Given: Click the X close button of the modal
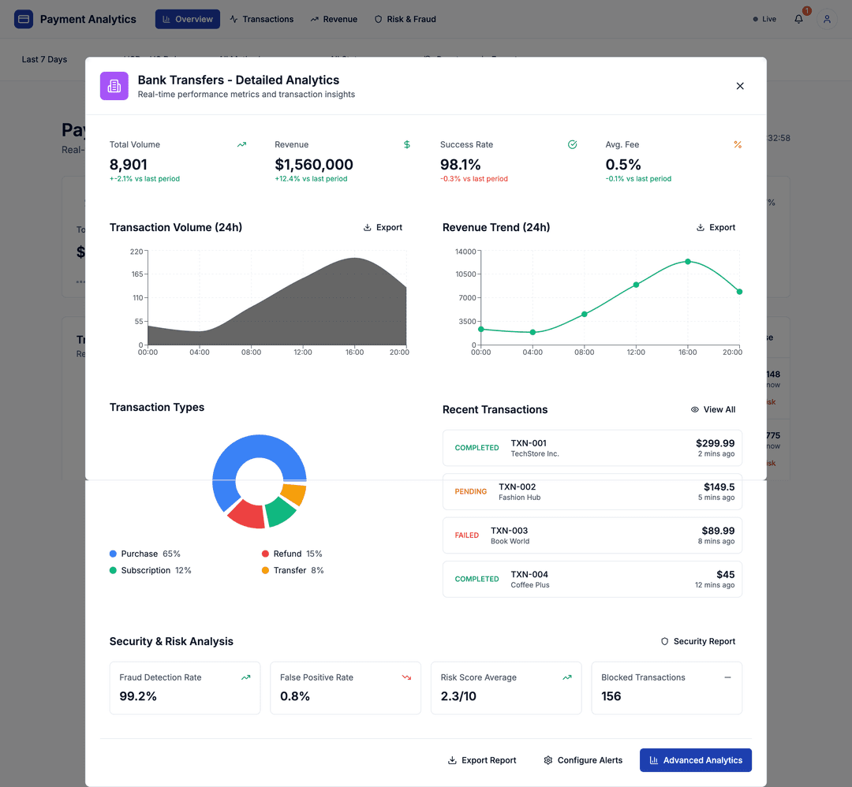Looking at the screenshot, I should click(x=740, y=86).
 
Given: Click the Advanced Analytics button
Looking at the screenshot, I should click(x=695, y=760).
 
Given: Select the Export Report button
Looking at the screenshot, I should click(x=482, y=760).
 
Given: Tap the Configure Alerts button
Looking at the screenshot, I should click(x=583, y=760).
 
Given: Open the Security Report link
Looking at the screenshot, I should click(x=697, y=641).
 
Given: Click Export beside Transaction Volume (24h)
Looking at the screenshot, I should click(x=383, y=227).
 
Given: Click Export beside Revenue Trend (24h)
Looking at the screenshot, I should click(x=716, y=227).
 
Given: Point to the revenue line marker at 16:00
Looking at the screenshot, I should click(x=688, y=261).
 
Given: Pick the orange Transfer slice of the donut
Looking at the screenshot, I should click(x=293, y=495).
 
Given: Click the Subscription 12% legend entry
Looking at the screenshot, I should click(x=151, y=570).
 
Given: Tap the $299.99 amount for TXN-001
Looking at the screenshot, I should click(x=715, y=443).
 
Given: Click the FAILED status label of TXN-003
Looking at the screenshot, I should click(x=466, y=535).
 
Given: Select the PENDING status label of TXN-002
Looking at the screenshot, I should click(x=470, y=491).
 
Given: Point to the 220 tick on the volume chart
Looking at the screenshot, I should click(x=136, y=252).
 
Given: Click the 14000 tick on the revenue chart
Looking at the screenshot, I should click(x=465, y=252).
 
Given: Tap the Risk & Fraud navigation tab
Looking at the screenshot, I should click(x=405, y=19).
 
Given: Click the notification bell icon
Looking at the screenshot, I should click(x=798, y=19).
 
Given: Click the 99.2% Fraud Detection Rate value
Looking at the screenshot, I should click(x=138, y=696).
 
